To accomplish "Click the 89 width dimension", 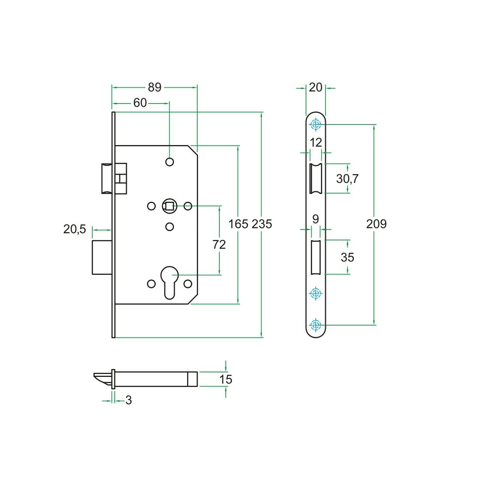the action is pyautogui.click(x=154, y=87).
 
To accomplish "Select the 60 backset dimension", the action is pyautogui.click(x=140, y=103).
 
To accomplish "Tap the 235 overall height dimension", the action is pyautogui.click(x=261, y=224).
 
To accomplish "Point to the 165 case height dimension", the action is pyautogui.click(x=238, y=224).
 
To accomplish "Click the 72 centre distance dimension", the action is pyautogui.click(x=219, y=244).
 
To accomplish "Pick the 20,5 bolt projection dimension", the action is pyautogui.click(x=75, y=229).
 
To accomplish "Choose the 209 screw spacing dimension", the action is pyautogui.click(x=376, y=224).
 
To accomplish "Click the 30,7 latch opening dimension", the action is pyautogui.click(x=348, y=178).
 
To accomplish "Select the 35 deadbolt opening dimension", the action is pyautogui.click(x=348, y=257).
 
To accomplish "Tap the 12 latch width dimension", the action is pyautogui.click(x=316, y=143).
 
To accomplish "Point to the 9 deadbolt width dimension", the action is pyautogui.click(x=316, y=219).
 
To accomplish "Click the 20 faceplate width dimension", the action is pyautogui.click(x=316, y=88).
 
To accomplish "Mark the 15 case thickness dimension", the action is pyautogui.click(x=226, y=379).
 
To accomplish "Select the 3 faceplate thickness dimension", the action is pyautogui.click(x=129, y=400).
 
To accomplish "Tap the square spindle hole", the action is pyautogui.click(x=169, y=206).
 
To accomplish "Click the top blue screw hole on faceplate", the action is pyautogui.click(x=316, y=124).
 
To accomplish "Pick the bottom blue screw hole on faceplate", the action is pyautogui.click(x=316, y=325).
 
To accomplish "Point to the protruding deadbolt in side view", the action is pyautogui.click(x=102, y=258).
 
